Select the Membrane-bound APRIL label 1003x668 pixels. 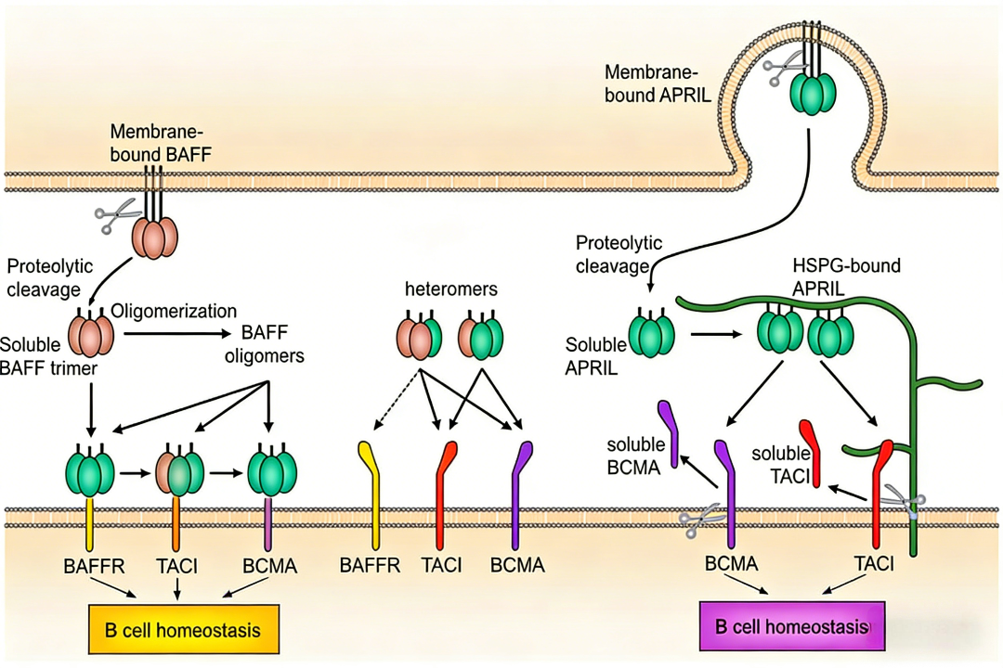coord(652,81)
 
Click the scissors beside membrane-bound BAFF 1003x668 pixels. coord(113,219)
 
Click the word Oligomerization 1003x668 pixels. coord(174,311)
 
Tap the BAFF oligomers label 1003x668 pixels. coord(273,343)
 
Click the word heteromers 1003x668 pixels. coord(451,289)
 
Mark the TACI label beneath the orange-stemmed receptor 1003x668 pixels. coord(177,565)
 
